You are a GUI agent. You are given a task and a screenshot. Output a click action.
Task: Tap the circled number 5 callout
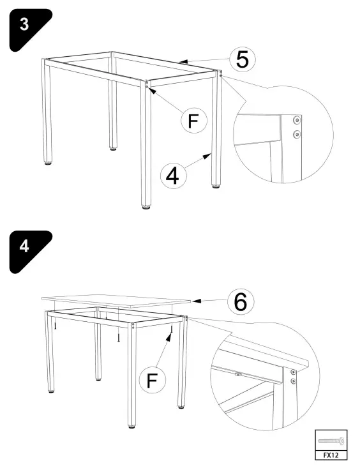coord(243,59)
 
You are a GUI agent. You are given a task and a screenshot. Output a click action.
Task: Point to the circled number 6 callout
coord(240,302)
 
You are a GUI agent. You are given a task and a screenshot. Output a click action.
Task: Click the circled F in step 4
coord(151,381)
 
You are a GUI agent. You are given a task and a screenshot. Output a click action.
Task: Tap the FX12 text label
coord(331,455)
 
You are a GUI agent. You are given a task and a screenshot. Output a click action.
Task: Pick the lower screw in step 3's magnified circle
coord(296,134)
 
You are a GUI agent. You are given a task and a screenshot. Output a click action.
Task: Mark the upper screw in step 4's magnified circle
coord(293,371)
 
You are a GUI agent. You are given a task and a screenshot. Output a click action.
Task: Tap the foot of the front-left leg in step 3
coord(50,164)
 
